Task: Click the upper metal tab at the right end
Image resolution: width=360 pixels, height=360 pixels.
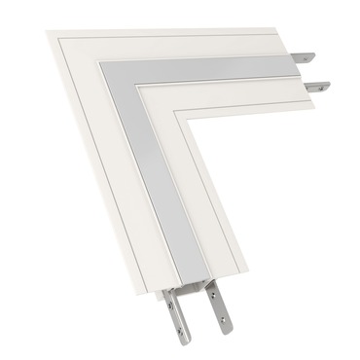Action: tap(307, 56)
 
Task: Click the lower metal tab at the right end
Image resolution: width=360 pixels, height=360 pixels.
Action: tap(313, 86)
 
